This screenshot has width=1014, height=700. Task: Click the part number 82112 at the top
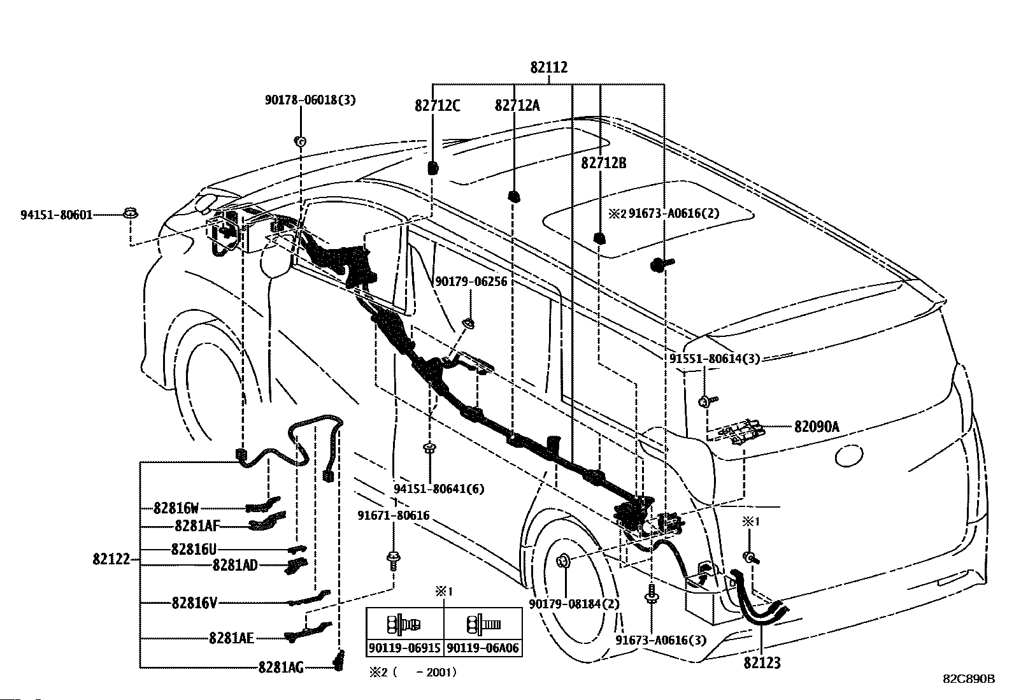tap(548, 68)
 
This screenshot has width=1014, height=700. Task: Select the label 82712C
tap(438, 106)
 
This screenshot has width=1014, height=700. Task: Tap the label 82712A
tap(517, 106)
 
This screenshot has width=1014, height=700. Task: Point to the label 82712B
tap(603, 163)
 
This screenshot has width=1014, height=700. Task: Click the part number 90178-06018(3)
tap(310, 100)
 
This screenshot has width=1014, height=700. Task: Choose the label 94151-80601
tap(56, 215)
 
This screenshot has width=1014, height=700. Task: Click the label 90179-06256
tap(471, 282)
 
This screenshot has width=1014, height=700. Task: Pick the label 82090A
tap(817, 427)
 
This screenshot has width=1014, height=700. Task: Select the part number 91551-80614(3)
tap(715, 358)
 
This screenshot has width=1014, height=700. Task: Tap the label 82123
tap(762, 663)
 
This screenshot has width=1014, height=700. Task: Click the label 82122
tap(111, 559)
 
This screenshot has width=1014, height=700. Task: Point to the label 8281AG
tap(281, 667)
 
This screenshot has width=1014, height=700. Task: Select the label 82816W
tap(176, 508)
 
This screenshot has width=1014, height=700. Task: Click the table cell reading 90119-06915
tap(404, 648)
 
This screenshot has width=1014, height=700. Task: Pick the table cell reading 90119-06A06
tap(483, 648)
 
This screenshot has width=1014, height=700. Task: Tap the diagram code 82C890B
tap(969, 679)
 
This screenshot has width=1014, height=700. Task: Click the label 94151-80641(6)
tap(439, 489)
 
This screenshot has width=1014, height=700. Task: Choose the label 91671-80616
tap(394, 515)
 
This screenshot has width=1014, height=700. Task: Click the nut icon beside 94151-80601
tap(131, 213)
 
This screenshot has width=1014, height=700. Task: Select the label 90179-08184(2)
tap(574, 604)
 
